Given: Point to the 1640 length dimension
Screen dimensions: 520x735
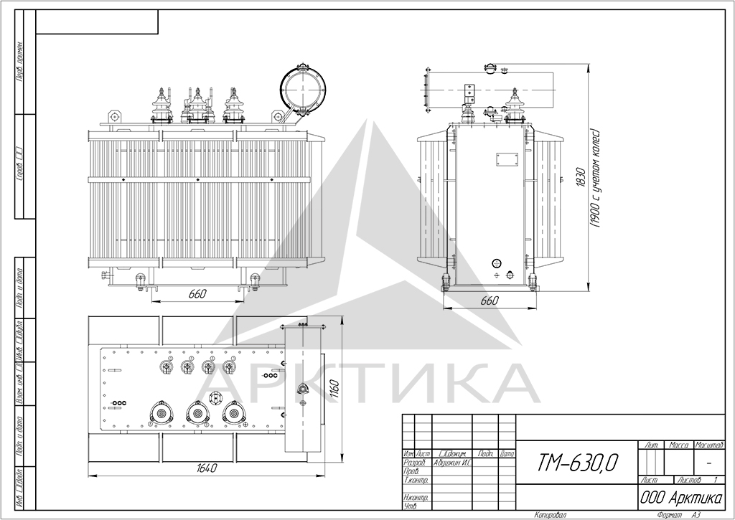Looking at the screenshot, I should pyautogui.click(x=206, y=468).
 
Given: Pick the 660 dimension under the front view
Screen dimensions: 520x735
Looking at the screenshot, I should pyautogui.click(x=197, y=293).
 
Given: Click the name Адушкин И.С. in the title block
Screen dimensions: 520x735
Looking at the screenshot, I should pyautogui.click(x=452, y=463).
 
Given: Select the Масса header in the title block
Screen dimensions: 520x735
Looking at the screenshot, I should pyautogui.click(x=678, y=445).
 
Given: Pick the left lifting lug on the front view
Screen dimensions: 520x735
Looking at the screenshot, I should pyautogui.click(x=114, y=115).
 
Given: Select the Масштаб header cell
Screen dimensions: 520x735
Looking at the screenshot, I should pyautogui.click(x=708, y=445).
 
